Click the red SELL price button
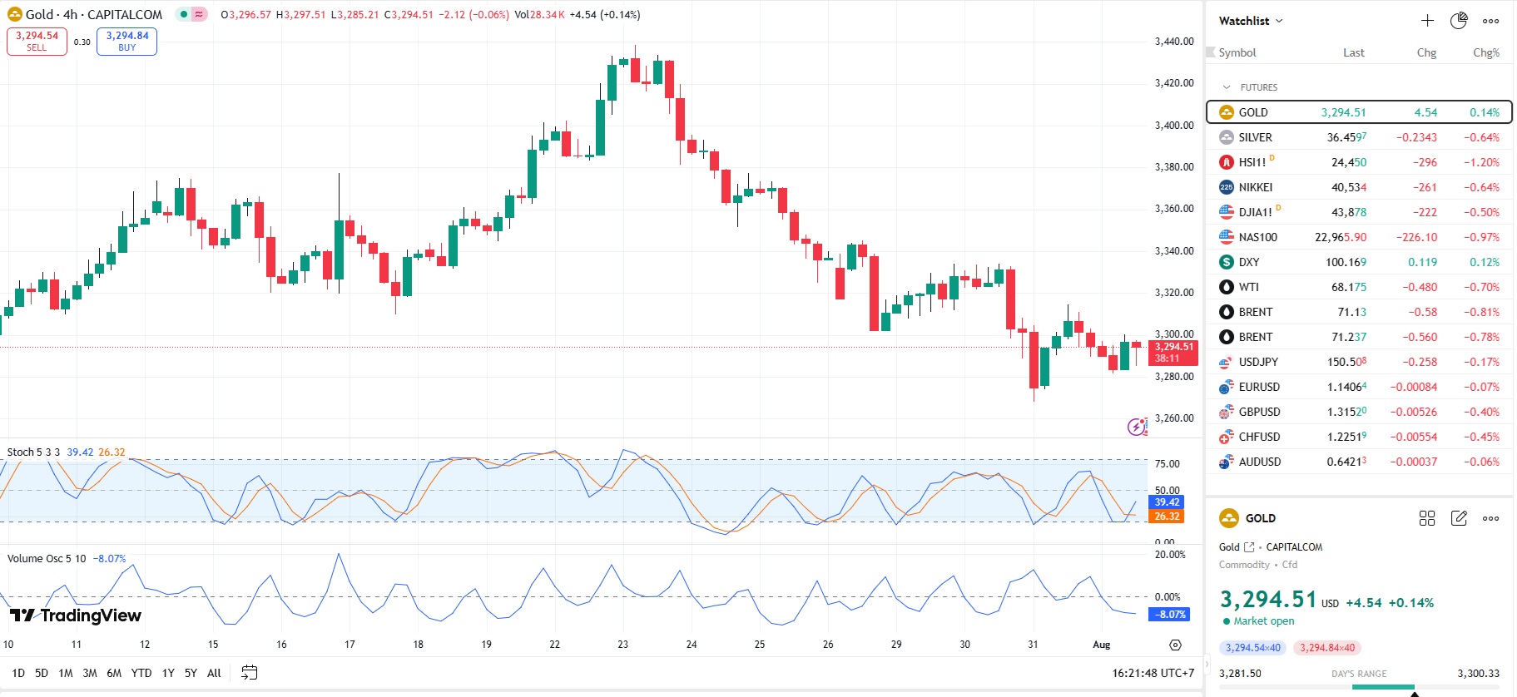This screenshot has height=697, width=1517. coord(37,42)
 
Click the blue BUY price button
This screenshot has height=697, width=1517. coord(126,42)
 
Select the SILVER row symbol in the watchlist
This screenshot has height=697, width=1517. coord(1255,137)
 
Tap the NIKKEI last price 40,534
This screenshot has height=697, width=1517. coord(1348,187)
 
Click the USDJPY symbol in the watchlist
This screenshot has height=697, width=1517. coord(1257,362)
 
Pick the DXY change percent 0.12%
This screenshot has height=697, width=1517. coord(1485,262)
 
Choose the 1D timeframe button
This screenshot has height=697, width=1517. coord(18,673)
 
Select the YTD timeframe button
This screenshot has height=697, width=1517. coord(141,673)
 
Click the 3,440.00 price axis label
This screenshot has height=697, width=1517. coord(1174,42)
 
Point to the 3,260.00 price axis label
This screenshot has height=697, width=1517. coord(1174,418)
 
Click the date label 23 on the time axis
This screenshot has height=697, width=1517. coord(622,645)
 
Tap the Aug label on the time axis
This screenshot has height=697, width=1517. coord(1101,645)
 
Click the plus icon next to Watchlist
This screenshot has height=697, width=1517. coord(1427,21)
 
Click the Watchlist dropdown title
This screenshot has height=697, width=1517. coord(1250,21)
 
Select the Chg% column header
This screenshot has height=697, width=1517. coord(1485,52)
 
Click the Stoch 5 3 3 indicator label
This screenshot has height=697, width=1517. coord(33,452)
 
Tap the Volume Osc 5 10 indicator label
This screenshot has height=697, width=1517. coord(47,559)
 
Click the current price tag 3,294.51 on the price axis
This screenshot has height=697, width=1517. coord(1173,352)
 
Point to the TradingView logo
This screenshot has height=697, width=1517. coord(76,615)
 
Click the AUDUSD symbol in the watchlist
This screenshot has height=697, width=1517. coord(1259,462)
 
